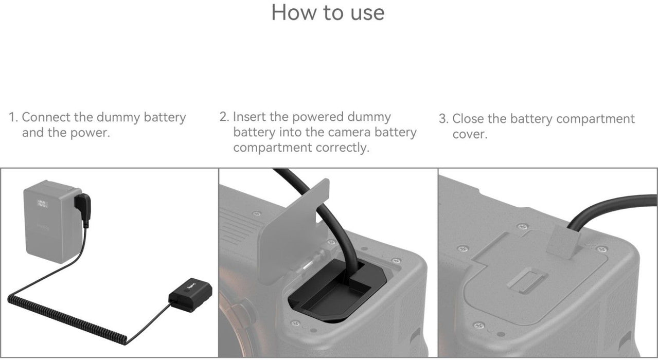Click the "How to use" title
pos(328,13)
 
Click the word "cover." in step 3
pos(470,135)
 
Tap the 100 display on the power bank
pos(42,203)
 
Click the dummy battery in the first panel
pos(190,295)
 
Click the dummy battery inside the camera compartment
pos(336,289)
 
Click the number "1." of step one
pos(13,117)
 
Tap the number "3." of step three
pos(443,119)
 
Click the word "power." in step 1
pos(90,133)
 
